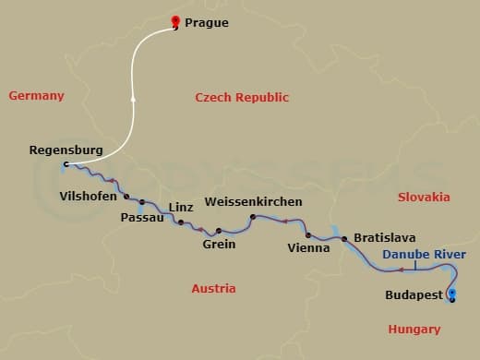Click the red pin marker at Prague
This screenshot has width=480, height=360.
pyautogui.click(x=175, y=21)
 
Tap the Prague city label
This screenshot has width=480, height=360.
pyautogui.click(x=208, y=22)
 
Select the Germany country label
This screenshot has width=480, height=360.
pyautogui.click(x=36, y=96)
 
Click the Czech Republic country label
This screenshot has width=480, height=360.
pyautogui.click(x=243, y=98)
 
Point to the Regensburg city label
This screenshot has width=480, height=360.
pyautogui.click(x=66, y=149)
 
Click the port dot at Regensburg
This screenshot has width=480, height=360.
pyautogui.click(x=66, y=165)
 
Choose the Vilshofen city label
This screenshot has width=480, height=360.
pyautogui.click(x=88, y=196)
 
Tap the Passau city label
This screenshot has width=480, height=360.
pyautogui.click(x=142, y=218)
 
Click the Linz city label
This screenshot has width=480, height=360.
pyautogui.click(x=181, y=208)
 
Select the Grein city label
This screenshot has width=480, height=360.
pyautogui.click(x=219, y=245)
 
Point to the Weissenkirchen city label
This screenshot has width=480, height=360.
pyautogui.click(x=253, y=201)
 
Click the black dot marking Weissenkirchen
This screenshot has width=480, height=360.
pyautogui.click(x=252, y=217)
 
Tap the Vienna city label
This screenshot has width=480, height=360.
pyautogui.click(x=306, y=247)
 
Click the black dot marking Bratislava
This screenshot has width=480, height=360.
pyautogui.click(x=344, y=239)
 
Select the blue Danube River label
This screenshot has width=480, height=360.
pyautogui.click(x=425, y=255)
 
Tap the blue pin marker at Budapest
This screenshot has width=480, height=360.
pyautogui.click(x=450, y=294)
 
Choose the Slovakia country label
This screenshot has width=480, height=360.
pyautogui.click(x=424, y=197)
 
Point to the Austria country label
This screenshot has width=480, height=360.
pyautogui.click(x=213, y=289)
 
